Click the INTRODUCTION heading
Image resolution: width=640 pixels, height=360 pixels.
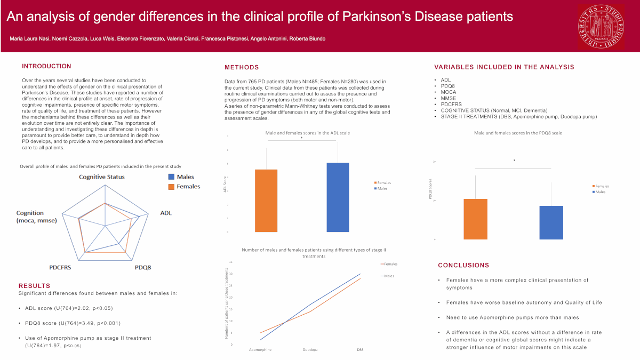click(46, 66)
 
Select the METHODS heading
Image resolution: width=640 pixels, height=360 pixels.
click(242, 67)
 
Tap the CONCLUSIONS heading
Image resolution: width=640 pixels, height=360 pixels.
click(463, 265)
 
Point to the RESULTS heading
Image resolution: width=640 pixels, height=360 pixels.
click(34, 286)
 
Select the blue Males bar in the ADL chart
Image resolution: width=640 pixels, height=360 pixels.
click(338, 197)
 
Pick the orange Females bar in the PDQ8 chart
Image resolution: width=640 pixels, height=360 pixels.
click(475, 219)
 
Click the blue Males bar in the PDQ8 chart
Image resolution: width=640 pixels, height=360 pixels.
click(551, 222)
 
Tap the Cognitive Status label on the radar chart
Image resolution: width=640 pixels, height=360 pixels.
click(102, 177)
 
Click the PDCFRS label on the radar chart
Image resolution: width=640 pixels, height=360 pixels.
click(60, 267)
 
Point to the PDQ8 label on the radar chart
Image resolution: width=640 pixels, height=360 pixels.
click(143, 267)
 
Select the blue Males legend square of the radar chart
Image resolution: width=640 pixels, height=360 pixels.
click(171, 177)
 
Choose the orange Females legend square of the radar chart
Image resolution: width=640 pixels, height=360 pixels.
click(171, 187)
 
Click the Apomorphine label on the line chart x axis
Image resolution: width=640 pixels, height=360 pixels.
click(261, 350)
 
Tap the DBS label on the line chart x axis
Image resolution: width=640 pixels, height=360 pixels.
click(361, 350)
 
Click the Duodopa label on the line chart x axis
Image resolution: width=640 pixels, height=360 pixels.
click(310, 350)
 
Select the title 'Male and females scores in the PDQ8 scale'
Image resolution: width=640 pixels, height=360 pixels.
click(517, 133)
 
